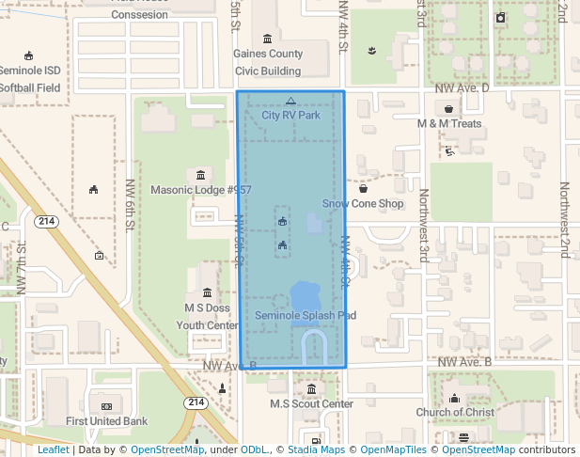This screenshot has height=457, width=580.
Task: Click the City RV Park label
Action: click(x=290, y=115)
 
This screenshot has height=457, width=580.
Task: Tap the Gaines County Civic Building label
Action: click(x=268, y=62)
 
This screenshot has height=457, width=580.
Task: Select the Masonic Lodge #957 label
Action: click(x=201, y=189)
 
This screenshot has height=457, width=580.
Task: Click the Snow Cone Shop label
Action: click(x=363, y=203)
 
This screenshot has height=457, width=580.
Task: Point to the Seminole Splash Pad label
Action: click(x=306, y=316)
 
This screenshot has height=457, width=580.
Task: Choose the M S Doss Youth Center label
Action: click(x=208, y=316)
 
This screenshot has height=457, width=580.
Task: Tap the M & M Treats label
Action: click(x=449, y=123)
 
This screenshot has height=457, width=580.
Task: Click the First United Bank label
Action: click(x=106, y=420)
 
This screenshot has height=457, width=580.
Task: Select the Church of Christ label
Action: click(x=455, y=412)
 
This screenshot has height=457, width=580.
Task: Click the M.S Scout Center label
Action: click(x=311, y=403)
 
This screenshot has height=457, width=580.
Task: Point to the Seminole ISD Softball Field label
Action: click(x=30, y=79)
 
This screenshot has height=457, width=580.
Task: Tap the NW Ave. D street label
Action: click(x=462, y=87)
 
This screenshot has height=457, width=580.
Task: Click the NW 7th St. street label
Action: click(x=21, y=268)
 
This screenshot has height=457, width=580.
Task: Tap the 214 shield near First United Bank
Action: click(x=196, y=402)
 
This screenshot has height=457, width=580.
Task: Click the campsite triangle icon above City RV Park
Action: click(x=290, y=101)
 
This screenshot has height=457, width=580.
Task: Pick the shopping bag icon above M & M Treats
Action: click(x=449, y=109)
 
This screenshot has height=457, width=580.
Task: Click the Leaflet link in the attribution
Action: click(x=53, y=449)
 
